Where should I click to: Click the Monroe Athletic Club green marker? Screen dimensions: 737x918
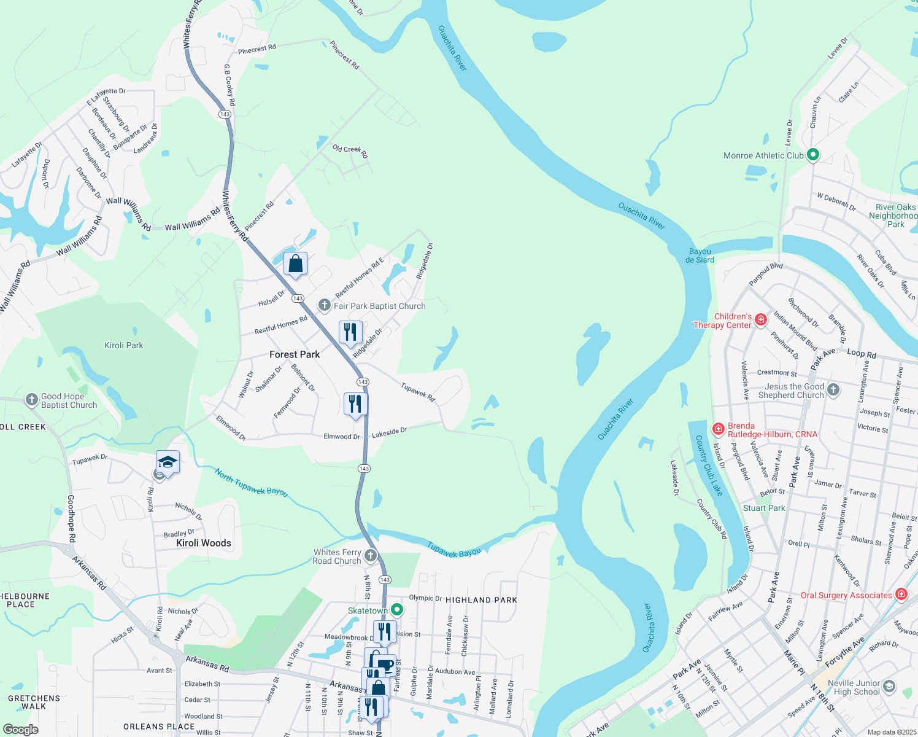coord(813,155)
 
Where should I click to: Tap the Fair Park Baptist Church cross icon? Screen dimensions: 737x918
coord(325,305)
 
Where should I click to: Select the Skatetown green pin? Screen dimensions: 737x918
coord(397,610)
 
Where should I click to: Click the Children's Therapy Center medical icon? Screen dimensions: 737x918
coord(761,319)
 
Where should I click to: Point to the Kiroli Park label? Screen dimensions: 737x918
coord(123,345)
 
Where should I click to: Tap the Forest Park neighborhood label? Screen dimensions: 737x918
coord(295,354)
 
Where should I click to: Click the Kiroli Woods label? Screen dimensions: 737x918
coord(204,543)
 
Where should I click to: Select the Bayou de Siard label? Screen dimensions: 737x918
coord(700,255)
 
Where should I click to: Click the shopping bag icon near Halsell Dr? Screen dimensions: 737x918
coord(295,264)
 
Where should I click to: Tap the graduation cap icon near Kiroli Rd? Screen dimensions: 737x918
coord(167,461)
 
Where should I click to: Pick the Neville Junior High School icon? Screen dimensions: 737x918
coord(889,687)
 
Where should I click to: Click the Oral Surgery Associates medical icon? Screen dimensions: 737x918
coord(901,595)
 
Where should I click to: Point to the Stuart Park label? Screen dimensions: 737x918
coord(764,508)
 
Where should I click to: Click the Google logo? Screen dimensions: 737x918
coord(20,729)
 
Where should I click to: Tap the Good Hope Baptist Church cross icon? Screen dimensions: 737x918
coord(32,400)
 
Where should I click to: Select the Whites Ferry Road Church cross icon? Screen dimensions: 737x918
coord(371,556)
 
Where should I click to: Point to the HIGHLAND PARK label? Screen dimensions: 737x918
coord(481,600)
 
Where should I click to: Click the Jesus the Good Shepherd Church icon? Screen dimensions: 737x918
coord(833,389)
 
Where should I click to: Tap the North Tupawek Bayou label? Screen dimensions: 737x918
coord(251,482)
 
